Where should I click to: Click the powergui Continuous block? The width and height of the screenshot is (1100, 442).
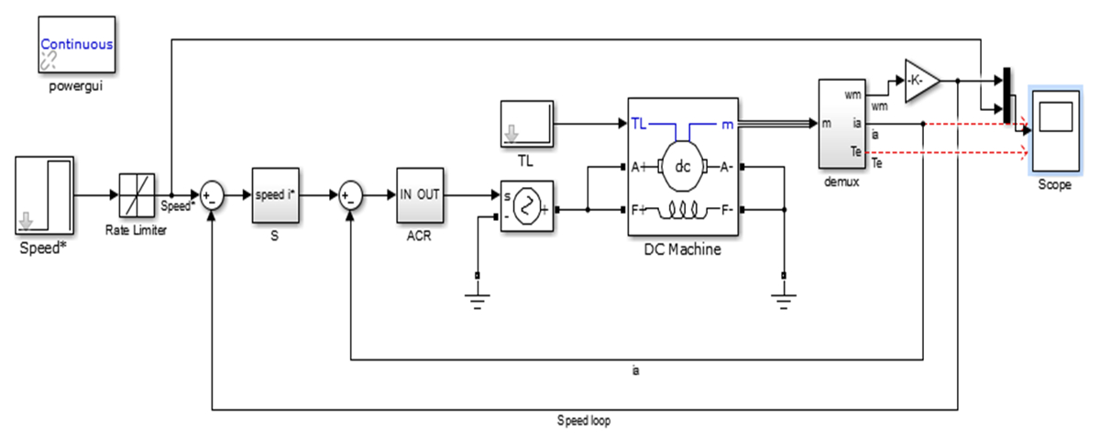click(76, 45)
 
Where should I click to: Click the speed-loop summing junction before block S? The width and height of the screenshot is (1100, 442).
click(212, 194)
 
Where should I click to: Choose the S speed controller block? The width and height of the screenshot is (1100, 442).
click(275, 194)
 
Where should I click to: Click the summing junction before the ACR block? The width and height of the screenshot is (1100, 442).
click(350, 194)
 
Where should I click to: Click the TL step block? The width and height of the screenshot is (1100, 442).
click(527, 123)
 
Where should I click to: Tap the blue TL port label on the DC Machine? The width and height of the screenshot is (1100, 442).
click(640, 123)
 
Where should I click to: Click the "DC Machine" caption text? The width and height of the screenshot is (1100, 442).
click(682, 249)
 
